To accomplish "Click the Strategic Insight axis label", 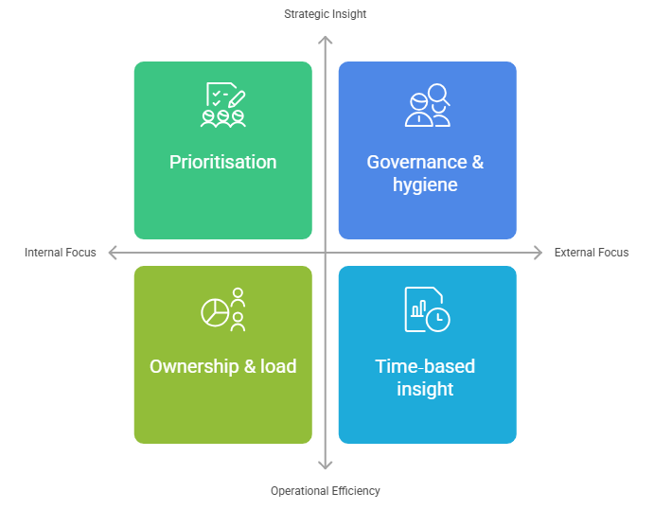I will click(x=326, y=14).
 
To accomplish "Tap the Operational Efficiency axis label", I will click(x=326, y=491).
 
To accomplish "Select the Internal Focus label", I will click(x=61, y=253).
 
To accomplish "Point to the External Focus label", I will click(x=592, y=253).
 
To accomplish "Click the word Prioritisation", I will click(x=223, y=162).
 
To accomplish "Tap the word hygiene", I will click(x=425, y=185).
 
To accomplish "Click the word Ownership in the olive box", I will click(x=191, y=366).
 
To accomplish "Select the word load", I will click(x=278, y=366).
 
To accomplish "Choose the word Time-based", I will click(x=425, y=366).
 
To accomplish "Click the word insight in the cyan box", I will click(x=425, y=389).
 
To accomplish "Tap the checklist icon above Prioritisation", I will click(x=223, y=105).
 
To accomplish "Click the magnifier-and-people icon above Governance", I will click(x=427, y=105).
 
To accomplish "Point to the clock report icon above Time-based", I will click(x=427, y=309).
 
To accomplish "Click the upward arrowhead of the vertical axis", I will click(x=326, y=40).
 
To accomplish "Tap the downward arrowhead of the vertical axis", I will click(x=326, y=465).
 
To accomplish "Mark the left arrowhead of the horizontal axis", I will click(x=113, y=253).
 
